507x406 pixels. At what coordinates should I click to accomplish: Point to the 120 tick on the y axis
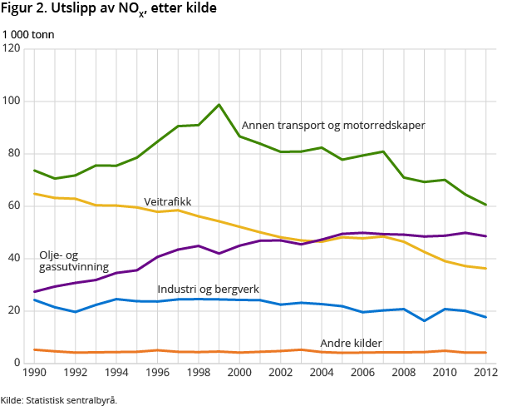[x=12, y=49]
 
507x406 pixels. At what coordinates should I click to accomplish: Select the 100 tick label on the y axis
[x=12, y=101]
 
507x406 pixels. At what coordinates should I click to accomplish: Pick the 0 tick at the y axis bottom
[x=17, y=363]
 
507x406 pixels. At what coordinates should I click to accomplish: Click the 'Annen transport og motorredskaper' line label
[x=333, y=126]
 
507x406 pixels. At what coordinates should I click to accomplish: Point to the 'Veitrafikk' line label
[x=167, y=201]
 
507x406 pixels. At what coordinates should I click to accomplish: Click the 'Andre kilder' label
[x=352, y=343]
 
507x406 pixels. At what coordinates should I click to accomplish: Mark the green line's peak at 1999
[x=219, y=105]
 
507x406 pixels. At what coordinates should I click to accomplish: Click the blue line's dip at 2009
[x=424, y=320]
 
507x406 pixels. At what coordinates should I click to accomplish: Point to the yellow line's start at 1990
[x=34, y=194]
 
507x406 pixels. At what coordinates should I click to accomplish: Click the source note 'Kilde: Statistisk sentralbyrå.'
[x=59, y=400]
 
